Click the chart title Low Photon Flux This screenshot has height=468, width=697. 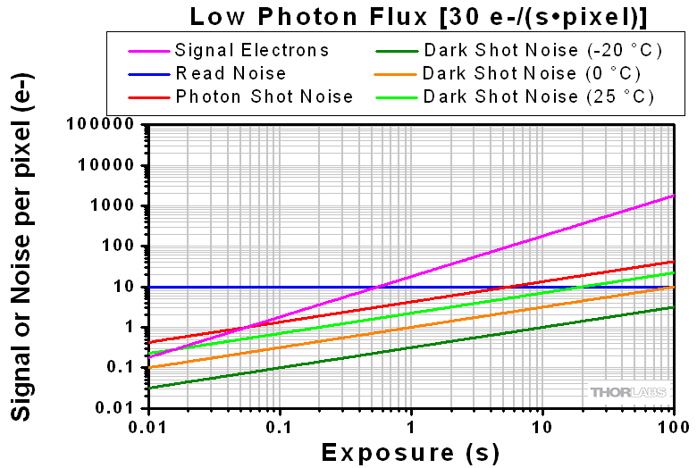[418, 16]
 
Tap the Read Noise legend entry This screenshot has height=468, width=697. [231, 73]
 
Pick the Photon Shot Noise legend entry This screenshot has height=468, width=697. [264, 96]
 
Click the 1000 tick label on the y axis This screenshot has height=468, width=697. [117, 206]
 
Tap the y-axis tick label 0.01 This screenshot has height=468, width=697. [120, 408]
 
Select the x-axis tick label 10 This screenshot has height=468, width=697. [542, 425]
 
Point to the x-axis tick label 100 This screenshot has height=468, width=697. [672, 425]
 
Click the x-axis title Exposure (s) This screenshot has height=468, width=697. [411, 452]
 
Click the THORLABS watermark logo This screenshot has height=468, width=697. [627, 392]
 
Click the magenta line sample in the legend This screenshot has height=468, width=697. [147, 50]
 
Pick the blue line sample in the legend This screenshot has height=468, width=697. [147, 73]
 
